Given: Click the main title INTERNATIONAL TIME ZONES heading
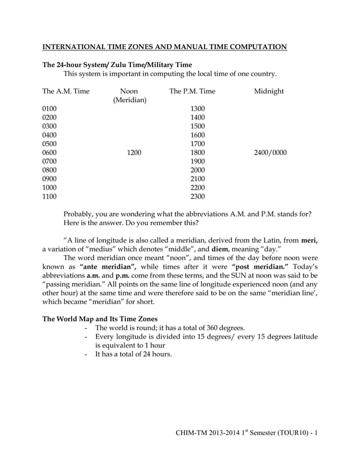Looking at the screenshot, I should (165, 46).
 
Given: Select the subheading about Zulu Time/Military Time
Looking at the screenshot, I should (117, 64).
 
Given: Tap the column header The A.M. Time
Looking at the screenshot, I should (66, 91).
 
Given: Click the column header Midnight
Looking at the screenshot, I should (269, 91).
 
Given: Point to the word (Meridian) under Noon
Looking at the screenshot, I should (130, 100).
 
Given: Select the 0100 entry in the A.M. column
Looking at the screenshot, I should (50, 109).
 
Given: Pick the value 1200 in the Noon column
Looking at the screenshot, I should (133, 153).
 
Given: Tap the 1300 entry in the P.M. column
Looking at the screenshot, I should (197, 109).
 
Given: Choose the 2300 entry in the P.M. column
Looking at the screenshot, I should (197, 196).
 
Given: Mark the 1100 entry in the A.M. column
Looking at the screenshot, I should (50, 196).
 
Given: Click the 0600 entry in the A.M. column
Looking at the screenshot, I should (50, 153).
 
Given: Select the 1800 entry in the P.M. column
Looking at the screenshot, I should (197, 153).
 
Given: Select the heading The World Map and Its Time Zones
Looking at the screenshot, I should (100, 318).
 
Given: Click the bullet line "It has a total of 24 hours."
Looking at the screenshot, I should (133, 354).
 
